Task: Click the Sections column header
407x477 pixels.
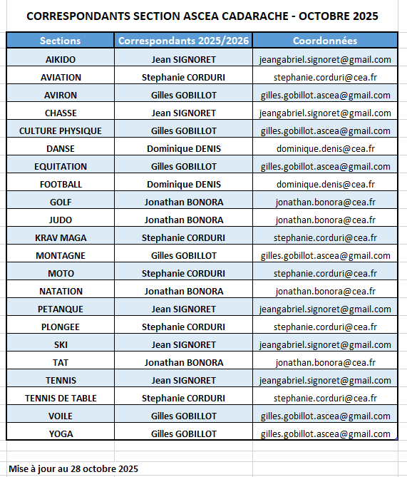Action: click(61, 41)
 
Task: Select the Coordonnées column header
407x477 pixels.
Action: click(325, 41)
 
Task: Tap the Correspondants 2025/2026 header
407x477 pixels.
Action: click(184, 41)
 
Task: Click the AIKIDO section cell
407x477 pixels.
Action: click(61, 59)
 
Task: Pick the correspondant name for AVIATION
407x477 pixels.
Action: click(184, 77)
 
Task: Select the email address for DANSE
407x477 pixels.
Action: click(325, 148)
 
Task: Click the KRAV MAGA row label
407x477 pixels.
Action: click(61, 237)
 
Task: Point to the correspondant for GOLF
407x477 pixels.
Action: click(184, 202)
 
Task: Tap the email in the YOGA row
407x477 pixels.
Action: click(325, 434)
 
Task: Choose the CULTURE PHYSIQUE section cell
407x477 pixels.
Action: click(61, 130)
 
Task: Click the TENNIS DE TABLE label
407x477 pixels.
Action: click(61, 398)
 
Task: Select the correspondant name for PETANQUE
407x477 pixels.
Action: click(184, 309)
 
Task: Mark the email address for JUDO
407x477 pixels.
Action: click(325, 220)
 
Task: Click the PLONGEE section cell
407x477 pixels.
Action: click(61, 327)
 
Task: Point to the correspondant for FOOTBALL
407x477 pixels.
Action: click(184, 184)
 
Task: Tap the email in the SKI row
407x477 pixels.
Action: click(325, 344)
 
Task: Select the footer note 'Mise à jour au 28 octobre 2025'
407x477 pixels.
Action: click(73, 468)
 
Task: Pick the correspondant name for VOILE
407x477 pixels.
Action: click(184, 416)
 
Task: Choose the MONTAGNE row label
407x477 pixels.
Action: click(61, 255)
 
